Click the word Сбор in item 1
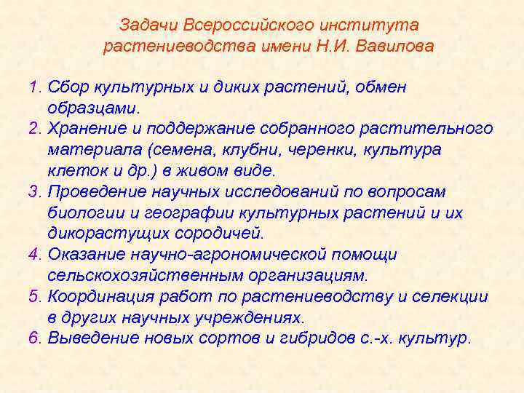67,87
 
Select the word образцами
92,108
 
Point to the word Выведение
90,338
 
